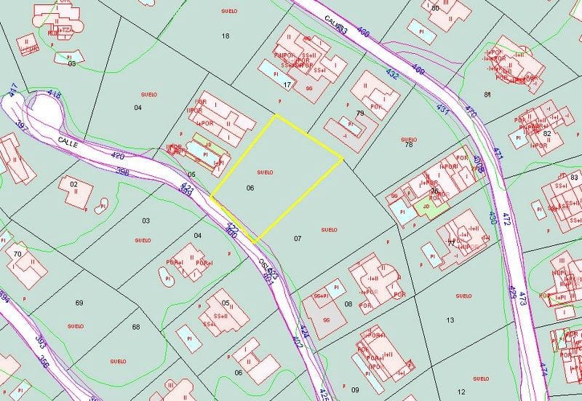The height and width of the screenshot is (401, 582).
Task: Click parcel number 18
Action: pos(225,36)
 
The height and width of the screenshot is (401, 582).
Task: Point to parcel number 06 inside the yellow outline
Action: pos(250,188)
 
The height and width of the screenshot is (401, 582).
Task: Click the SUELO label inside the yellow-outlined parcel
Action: pos(265,172)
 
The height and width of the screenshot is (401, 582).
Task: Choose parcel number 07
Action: pos(298,238)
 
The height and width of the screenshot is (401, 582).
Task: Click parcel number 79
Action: pos(360,114)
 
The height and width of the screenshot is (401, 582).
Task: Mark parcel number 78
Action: pos(409,144)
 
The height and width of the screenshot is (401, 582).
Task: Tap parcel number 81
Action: pos(487,95)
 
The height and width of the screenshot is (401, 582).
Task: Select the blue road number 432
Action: pos(392,74)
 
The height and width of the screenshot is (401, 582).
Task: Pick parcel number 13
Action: pos(450,319)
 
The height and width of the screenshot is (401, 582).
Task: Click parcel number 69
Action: pos(79,302)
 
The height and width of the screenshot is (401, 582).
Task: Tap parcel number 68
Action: pos(136,327)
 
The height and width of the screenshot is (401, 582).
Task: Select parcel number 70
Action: pos(17,254)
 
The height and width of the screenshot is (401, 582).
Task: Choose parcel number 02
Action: pos(73,185)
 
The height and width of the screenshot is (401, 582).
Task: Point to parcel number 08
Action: pos(348,303)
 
